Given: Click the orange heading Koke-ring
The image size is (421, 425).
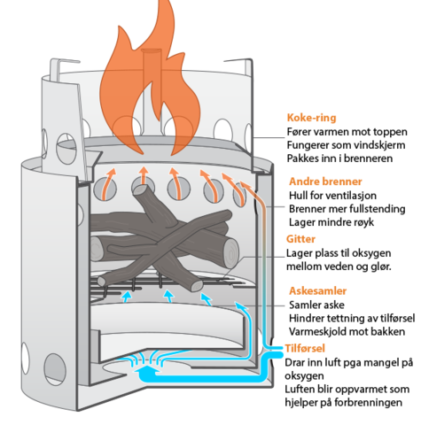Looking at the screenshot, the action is click(x=311, y=118).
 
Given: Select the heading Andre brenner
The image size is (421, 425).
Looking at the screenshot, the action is click(x=325, y=182).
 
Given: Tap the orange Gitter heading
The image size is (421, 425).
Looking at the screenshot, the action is click(x=300, y=239).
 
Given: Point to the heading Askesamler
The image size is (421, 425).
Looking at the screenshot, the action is click(x=317, y=290).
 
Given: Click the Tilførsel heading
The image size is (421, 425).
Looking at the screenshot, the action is click(x=305, y=348).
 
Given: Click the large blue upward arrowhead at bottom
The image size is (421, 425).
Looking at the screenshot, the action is click(x=148, y=369).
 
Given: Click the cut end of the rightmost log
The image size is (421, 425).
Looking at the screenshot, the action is click(x=230, y=253).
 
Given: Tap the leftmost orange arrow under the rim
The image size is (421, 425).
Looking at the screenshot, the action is click(x=108, y=183).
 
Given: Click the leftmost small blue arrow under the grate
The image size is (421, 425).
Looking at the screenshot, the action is click(x=127, y=297).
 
